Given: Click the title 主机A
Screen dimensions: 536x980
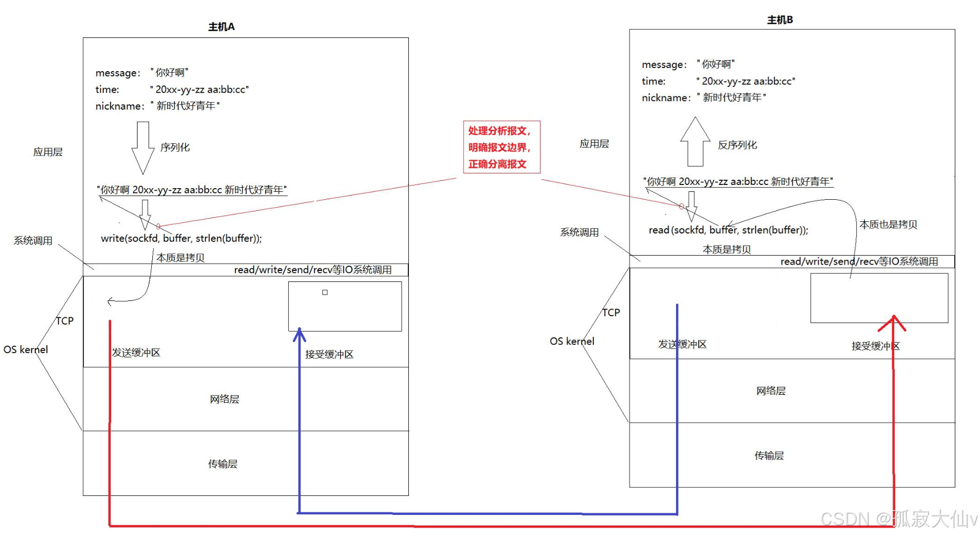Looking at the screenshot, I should [x=221, y=27].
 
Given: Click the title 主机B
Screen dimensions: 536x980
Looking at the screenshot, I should [x=780, y=20].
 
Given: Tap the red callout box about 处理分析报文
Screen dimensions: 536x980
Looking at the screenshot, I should [x=501, y=148].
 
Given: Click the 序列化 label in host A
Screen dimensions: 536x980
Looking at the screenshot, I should [x=175, y=148].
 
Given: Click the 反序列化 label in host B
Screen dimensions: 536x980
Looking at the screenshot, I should [x=737, y=145].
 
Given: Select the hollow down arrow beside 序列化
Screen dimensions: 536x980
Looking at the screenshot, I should [x=142, y=148].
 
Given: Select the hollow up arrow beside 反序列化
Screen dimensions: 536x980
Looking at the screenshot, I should [x=695, y=141].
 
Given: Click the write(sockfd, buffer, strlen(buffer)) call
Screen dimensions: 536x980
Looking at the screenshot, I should [x=181, y=238].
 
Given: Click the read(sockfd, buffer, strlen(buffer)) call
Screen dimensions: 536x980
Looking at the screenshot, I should [x=728, y=230].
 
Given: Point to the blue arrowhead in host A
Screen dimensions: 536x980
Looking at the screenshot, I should [x=299, y=334].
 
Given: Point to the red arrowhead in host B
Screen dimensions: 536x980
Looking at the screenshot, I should [x=893, y=322].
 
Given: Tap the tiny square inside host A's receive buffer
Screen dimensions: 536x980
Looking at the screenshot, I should [x=325, y=293].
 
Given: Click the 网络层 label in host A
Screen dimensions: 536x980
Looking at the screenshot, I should [x=224, y=399].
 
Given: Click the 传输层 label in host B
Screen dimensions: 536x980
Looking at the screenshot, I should [x=769, y=455].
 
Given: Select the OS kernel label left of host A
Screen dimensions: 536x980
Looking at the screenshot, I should [x=26, y=349].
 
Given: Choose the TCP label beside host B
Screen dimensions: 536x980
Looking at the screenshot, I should [x=611, y=313].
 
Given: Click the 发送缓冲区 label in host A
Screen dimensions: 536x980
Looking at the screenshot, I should [x=136, y=353].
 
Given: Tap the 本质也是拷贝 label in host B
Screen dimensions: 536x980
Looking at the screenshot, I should [x=888, y=225].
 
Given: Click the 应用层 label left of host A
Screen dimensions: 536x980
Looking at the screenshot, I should [x=48, y=152].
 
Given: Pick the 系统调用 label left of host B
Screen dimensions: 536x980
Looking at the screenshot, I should [x=579, y=232].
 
